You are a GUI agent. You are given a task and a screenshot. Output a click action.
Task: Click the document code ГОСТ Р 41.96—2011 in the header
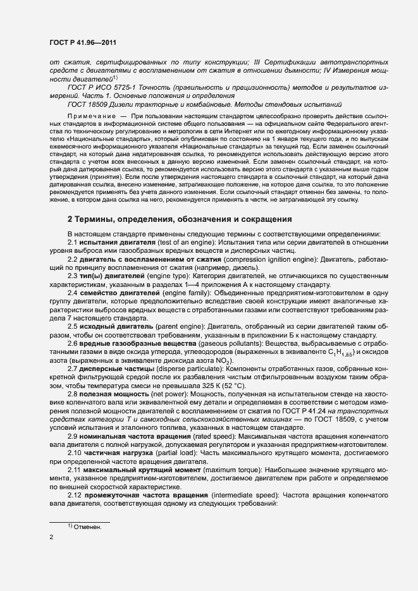(83, 42)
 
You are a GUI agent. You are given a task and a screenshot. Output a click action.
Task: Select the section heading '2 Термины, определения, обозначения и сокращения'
(180, 219)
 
